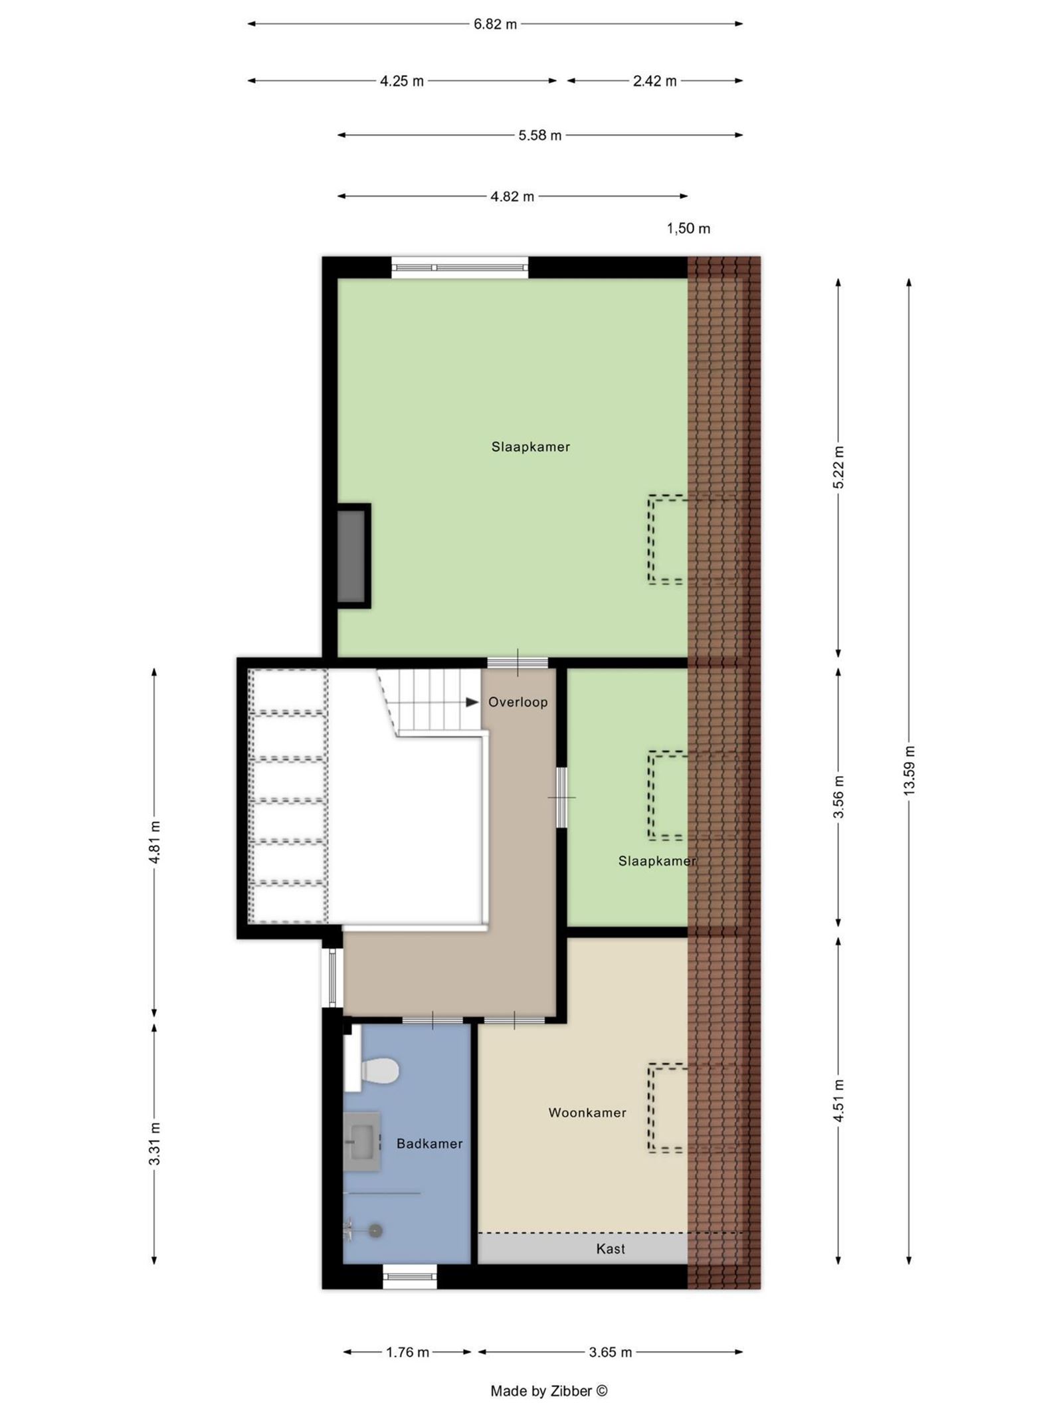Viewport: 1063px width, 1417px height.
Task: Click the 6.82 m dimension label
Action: [x=495, y=25]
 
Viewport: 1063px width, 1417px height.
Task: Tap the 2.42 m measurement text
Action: [x=654, y=81]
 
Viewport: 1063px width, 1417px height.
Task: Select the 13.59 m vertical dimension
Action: [x=910, y=770]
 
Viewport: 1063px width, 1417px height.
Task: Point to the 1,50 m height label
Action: [x=688, y=229]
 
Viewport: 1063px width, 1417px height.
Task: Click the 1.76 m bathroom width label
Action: [x=407, y=1352]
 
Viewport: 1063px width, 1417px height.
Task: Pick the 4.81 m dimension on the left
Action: [x=155, y=842]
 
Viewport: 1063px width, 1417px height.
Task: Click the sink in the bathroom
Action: [x=363, y=1141]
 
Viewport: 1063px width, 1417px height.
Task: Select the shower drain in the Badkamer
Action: [x=376, y=1230]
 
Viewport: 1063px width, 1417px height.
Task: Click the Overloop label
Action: [x=518, y=702]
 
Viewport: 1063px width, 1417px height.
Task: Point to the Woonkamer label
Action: [x=587, y=1113]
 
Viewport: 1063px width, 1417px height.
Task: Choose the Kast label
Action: [x=611, y=1249]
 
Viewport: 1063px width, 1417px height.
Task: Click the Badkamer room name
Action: [x=429, y=1143]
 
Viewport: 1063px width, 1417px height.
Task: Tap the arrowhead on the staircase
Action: [x=472, y=702]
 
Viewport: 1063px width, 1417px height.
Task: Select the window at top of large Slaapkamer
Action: [x=459, y=268]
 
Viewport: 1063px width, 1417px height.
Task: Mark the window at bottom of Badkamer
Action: [x=410, y=1276]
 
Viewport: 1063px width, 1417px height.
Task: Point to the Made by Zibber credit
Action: [x=549, y=1391]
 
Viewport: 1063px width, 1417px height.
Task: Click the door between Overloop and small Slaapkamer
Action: [x=562, y=797]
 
